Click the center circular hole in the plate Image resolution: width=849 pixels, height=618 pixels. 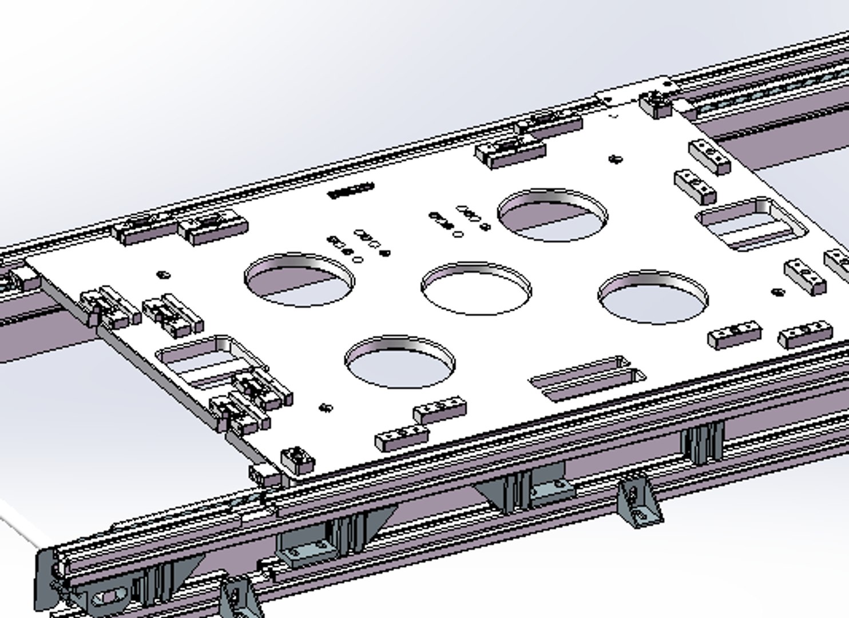click(477, 288)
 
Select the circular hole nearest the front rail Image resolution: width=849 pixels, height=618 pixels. click(400, 362)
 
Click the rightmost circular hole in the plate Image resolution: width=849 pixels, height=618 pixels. click(653, 297)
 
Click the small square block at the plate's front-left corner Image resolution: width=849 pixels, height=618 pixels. click(297, 458)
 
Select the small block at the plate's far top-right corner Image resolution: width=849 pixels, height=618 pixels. click(654, 103)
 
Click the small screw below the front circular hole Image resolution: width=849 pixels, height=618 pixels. click(326, 407)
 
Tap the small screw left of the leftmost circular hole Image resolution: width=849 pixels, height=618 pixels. click(164, 275)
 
